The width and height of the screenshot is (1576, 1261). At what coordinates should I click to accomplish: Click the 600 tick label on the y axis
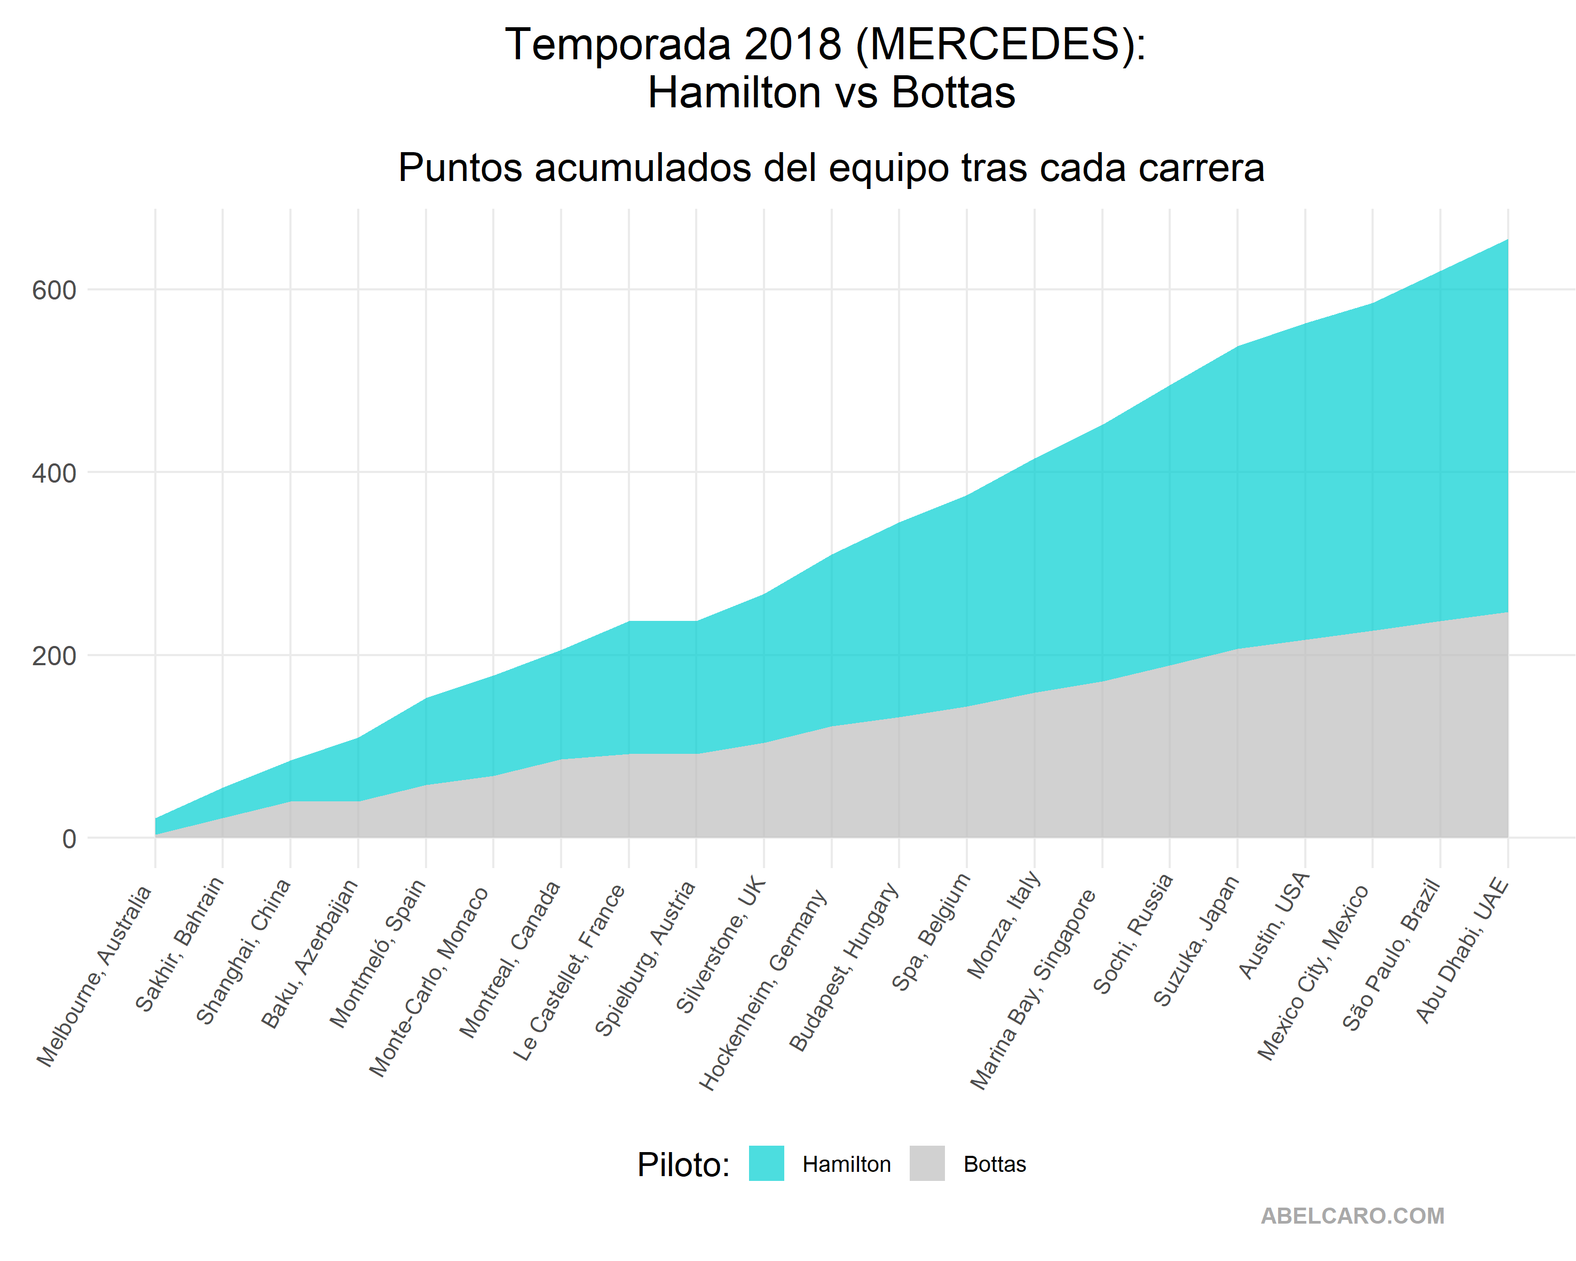pos(53,290)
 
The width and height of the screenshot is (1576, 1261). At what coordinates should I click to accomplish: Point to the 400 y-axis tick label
pos(53,473)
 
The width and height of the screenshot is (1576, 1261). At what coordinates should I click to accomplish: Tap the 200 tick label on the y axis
pos(53,656)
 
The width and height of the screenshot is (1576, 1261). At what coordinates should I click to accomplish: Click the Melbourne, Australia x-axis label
pos(95,976)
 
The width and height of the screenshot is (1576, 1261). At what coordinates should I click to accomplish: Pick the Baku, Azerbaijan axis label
pos(310,953)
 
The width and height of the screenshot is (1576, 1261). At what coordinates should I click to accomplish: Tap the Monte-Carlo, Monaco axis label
pos(429,981)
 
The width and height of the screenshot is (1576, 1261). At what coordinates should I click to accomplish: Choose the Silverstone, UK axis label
pos(721,944)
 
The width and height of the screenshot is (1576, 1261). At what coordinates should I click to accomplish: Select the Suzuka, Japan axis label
pos(1196,940)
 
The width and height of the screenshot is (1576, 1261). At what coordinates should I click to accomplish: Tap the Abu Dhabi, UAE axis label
pos(1462,950)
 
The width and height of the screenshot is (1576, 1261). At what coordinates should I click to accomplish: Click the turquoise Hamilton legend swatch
pos(766,1163)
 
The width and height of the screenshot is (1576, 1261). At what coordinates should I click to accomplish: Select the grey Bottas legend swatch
pos(927,1163)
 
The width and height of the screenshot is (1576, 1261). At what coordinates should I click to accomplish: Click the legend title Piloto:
pos(683,1164)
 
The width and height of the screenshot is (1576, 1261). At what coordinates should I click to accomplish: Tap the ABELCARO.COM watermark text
pos(1352,1216)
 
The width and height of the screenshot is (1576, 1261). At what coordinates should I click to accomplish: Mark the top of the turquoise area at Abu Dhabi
pos(1507,240)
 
